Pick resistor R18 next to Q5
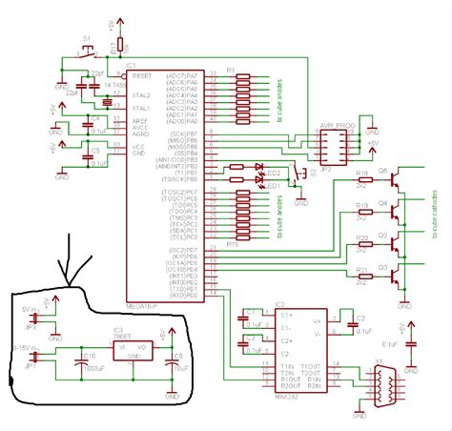click(363, 181)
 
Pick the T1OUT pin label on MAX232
click(311, 366)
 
